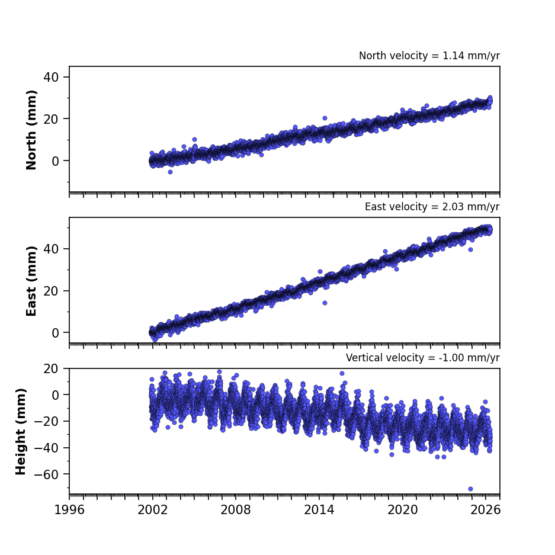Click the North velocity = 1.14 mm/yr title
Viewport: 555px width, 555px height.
(429, 56)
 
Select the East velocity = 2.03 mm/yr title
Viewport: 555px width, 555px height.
(432, 207)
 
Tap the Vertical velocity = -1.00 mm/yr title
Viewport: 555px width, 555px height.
(423, 358)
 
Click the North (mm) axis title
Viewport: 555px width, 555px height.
(31, 130)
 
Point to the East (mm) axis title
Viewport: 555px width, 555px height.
(31, 281)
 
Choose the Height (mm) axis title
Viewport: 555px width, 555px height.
(21, 431)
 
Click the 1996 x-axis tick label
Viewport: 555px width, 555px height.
(69, 510)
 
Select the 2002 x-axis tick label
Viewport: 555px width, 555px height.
(153, 510)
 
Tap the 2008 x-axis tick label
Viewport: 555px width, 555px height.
(236, 510)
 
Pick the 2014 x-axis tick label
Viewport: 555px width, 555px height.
(319, 510)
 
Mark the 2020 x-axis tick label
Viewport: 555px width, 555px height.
(402, 510)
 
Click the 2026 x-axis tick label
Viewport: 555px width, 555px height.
(486, 510)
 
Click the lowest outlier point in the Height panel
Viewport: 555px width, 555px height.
(470, 489)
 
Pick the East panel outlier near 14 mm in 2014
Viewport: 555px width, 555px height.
(325, 303)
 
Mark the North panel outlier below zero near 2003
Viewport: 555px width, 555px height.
(170, 172)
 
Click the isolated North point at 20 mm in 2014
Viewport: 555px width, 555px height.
(325, 118)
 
